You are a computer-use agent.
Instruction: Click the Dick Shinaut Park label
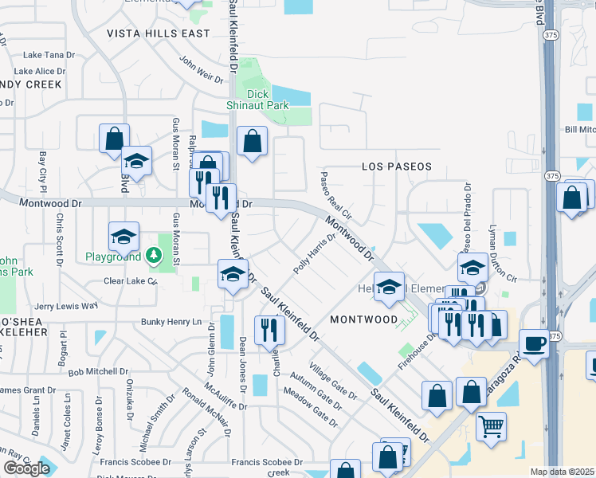coord(267,100)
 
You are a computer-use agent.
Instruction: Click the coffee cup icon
coord(534,343)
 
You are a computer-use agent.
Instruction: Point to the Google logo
coord(26,468)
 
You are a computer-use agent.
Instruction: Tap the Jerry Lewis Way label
coord(65,305)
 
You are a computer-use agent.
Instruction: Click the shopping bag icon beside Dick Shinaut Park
coord(253,142)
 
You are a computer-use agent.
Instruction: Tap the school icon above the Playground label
coord(124,236)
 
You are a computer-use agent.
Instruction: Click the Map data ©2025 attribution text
coord(563,472)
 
